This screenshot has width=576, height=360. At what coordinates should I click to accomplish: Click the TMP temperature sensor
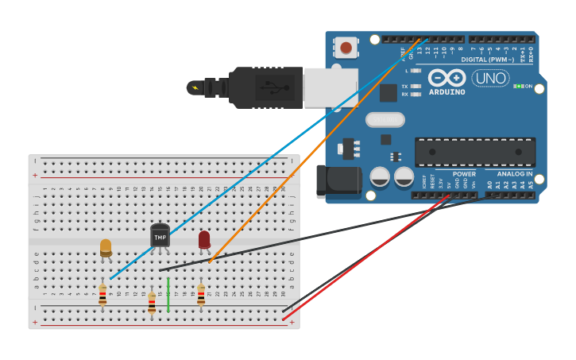(x=160, y=236)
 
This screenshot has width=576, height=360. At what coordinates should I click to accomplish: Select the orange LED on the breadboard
(x=106, y=248)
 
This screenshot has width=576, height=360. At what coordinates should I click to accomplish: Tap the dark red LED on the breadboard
(x=204, y=239)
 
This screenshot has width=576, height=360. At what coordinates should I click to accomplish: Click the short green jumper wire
(x=168, y=295)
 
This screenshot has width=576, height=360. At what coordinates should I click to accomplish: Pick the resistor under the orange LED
(x=102, y=296)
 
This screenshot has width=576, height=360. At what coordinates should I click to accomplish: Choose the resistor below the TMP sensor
(x=152, y=302)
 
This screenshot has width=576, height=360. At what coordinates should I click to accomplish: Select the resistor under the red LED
(x=201, y=296)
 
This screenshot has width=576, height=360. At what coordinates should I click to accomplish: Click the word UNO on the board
(x=490, y=78)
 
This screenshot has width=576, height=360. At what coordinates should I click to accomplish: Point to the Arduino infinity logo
(x=446, y=78)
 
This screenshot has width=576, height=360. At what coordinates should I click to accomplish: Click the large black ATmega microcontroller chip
(x=474, y=152)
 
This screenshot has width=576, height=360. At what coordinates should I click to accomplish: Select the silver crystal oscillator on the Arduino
(x=385, y=119)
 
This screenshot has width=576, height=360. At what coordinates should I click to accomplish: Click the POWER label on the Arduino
(x=464, y=174)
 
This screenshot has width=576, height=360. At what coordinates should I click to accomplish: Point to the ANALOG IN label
(x=515, y=174)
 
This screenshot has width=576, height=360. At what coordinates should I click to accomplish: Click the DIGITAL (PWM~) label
(x=485, y=60)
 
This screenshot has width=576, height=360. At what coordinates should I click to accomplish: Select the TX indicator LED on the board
(x=416, y=86)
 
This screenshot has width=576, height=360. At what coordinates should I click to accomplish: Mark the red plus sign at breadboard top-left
(x=35, y=175)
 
